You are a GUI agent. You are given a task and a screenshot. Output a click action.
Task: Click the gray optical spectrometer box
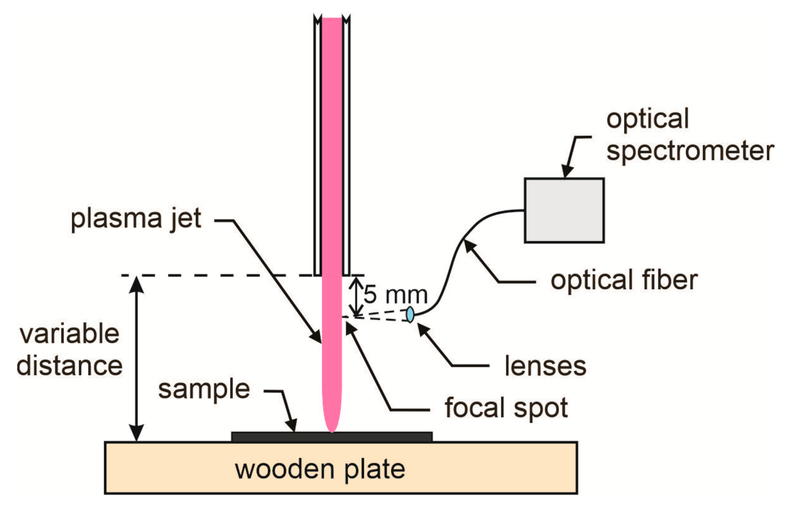[564, 210]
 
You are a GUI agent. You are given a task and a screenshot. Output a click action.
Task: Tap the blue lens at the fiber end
[410, 314]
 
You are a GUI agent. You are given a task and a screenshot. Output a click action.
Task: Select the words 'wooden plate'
[320, 469]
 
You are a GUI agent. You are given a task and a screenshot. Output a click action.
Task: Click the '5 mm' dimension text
[395, 295]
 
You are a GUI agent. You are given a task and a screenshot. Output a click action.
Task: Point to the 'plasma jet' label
[136, 219]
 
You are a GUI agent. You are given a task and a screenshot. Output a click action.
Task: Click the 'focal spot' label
[506, 407]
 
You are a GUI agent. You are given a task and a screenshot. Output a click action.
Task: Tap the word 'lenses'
[545, 366]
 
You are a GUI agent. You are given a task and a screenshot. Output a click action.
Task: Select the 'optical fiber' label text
[624, 280]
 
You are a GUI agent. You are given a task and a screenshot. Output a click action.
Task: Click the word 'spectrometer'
[690, 151]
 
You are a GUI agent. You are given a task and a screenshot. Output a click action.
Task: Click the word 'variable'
[69, 334]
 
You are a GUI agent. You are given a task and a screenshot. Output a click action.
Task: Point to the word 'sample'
[204, 389]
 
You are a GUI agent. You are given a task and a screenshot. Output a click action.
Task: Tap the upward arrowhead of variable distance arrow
[137, 284]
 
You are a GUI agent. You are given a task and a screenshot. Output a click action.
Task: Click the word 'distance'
[69, 366]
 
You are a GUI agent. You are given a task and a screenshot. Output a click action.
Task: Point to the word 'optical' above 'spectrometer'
[647, 119]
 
